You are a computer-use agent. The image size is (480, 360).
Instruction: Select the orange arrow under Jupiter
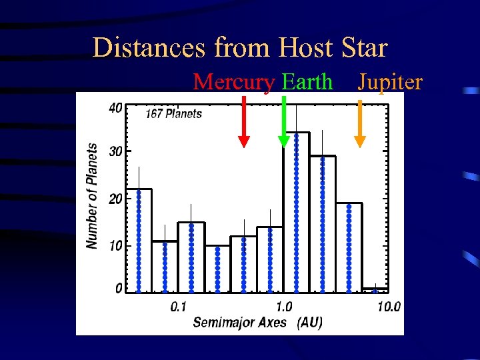(x=360, y=123)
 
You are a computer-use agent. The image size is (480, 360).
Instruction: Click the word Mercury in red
(x=233, y=82)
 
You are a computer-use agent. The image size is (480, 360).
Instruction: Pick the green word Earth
(x=307, y=82)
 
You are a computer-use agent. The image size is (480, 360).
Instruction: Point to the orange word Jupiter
(x=390, y=82)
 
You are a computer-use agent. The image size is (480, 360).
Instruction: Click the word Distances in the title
(x=150, y=48)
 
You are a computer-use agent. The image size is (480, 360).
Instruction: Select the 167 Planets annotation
(x=173, y=113)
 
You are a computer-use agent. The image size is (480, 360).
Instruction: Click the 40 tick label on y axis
(x=115, y=108)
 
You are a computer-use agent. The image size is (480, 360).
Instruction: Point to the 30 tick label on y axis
(x=115, y=151)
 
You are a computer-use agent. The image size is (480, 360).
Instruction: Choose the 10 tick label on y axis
(x=115, y=245)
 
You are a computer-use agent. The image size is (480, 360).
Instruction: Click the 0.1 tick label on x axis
(x=178, y=307)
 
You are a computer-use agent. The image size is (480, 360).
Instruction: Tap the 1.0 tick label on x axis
(x=284, y=307)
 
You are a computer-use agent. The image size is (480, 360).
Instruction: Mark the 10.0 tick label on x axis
(x=388, y=307)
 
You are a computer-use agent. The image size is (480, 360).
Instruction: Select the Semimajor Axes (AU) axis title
(x=257, y=323)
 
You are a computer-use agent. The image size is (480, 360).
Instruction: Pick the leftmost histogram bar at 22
(x=139, y=240)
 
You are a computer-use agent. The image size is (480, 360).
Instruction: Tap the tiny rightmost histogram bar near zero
(x=375, y=290)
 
